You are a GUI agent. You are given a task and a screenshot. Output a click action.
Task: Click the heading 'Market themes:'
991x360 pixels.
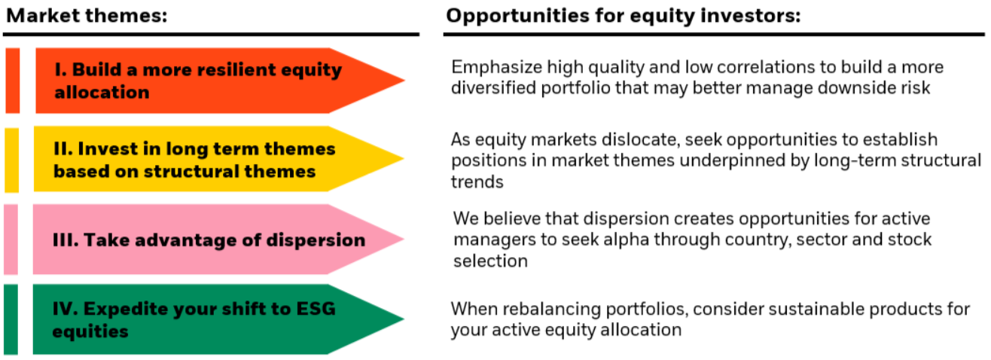(x=86, y=16)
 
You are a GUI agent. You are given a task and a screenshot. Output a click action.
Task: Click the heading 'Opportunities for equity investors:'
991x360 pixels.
(x=623, y=16)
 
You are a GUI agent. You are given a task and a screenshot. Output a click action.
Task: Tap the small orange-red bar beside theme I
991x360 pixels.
(x=12, y=81)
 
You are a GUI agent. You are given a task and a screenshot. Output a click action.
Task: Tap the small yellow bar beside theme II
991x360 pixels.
(x=11, y=160)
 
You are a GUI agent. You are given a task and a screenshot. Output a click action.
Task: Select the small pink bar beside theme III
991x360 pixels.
(x=11, y=239)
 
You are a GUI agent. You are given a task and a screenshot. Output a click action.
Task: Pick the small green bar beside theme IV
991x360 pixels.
(x=10, y=319)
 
